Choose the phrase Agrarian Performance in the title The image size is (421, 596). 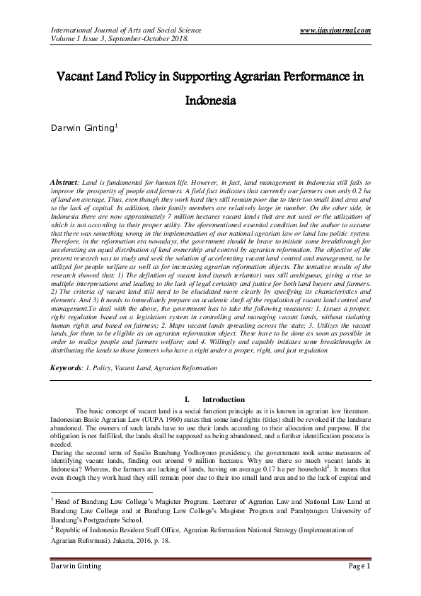(272, 76)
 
